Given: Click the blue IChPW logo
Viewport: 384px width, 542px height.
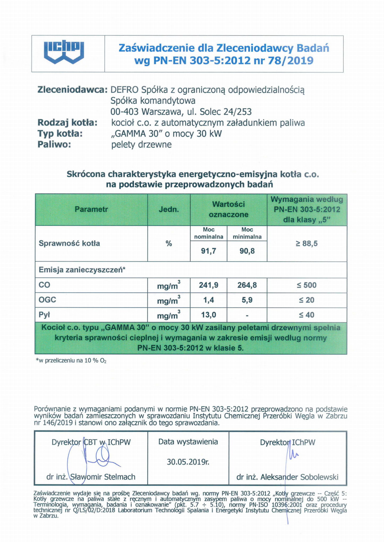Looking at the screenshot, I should pyautogui.click(x=64, y=53).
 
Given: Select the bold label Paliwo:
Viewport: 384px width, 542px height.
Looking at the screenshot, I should pyautogui.click(x=54, y=144).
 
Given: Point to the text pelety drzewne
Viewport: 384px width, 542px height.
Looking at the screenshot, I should pyautogui.click(x=141, y=145).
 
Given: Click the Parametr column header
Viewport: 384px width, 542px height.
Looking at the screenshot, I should pyautogui.click(x=91, y=209).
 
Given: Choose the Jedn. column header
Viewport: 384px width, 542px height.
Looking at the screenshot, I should pyautogui.click(x=169, y=210).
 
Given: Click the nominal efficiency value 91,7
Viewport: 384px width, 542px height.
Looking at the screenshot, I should pyautogui.click(x=208, y=251).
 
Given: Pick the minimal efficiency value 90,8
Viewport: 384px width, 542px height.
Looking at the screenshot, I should pyautogui.click(x=247, y=251).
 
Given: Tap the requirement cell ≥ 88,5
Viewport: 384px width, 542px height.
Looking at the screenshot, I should pyautogui.click(x=307, y=243).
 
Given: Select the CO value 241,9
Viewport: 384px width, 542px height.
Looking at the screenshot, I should pyautogui.click(x=208, y=285).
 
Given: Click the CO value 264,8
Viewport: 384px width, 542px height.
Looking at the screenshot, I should pyautogui.click(x=247, y=285).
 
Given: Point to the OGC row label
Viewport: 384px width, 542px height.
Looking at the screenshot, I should pyautogui.click(x=47, y=300).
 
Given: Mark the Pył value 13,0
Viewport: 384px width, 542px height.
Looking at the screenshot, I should pyautogui.click(x=208, y=315).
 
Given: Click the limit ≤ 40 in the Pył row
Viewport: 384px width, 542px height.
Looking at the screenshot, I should pyautogui.click(x=307, y=315).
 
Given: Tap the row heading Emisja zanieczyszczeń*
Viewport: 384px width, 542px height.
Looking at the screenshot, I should pyautogui.click(x=82, y=270).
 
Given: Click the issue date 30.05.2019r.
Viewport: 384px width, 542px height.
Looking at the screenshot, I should pyautogui.click(x=188, y=462).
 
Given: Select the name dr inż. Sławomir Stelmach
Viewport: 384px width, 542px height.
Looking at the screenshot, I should pyautogui.click(x=91, y=477).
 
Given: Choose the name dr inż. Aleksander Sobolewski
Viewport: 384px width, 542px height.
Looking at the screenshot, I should pyautogui.click(x=287, y=477).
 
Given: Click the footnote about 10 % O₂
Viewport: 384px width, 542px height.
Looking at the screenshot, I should pyautogui.click(x=71, y=361).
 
